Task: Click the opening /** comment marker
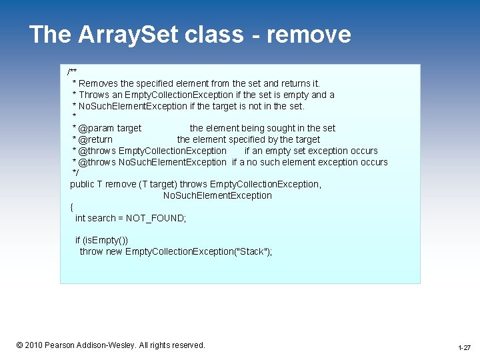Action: point(72,72)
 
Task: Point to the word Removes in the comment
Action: point(99,83)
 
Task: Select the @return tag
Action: point(95,139)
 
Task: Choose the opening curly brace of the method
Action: point(72,207)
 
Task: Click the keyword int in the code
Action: point(80,218)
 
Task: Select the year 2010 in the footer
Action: point(33,345)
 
